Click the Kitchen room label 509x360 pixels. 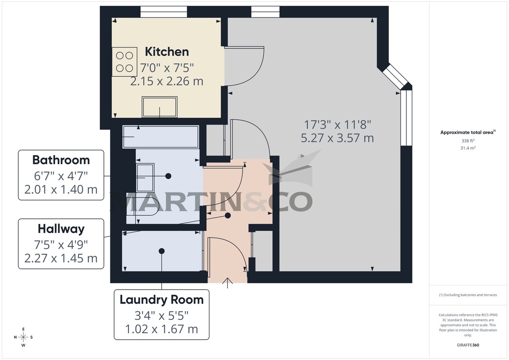click(167, 52)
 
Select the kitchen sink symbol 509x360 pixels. click(159, 107)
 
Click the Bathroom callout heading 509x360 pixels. click(61, 160)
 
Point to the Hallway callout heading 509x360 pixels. click(61, 229)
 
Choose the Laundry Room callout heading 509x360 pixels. click(162, 300)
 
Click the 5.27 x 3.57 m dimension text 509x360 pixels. click(337, 138)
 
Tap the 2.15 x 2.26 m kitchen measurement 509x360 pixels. click(167, 81)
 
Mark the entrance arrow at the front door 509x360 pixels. click(228, 283)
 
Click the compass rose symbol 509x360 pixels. click(24, 337)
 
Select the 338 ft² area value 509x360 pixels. click(468, 141)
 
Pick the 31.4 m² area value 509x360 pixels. click(468, 148)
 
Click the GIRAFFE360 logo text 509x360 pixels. click(468, 345)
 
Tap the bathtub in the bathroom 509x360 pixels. click(161, 137)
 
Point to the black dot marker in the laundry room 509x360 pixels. click(161, 251)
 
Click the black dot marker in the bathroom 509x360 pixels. click(168, 176)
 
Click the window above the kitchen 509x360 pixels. click(158, 12)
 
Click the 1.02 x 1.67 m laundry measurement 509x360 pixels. click(162, 329)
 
